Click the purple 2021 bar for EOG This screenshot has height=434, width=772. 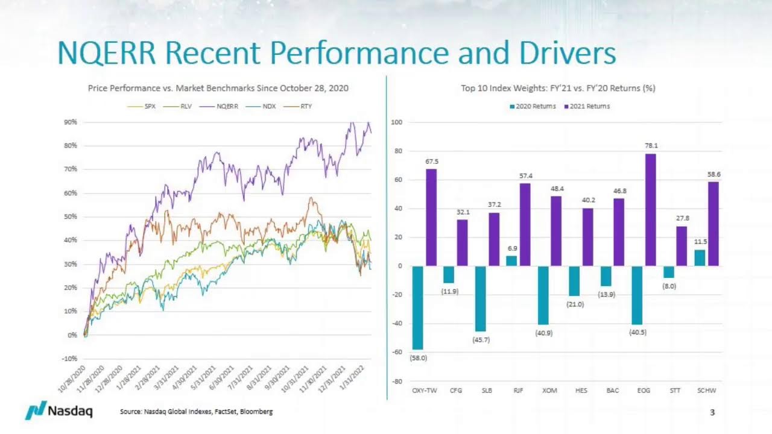pos(650,210)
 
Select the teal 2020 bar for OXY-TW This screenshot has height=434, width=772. pos(418,307)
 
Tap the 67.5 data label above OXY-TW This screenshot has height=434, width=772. pos(431,162)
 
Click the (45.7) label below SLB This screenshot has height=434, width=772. pos(481,340)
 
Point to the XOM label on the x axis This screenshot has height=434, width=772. pos(549,391)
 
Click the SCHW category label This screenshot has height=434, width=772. pos(707,391)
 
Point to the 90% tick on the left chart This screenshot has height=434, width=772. pos(70,122)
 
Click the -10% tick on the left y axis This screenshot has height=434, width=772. pos(69,359)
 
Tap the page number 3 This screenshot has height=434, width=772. pos(712,412)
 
